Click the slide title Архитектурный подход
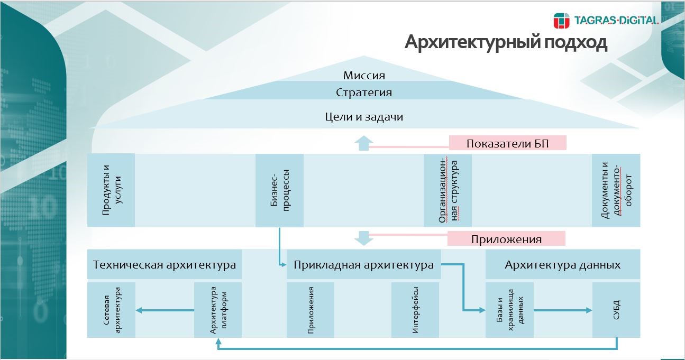tap(506, 42)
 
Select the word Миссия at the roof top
tap(364, 76)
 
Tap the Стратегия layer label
tap(364, 93)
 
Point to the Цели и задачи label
tap(364, 116)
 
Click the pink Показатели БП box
tap(507, 144)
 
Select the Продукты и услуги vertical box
tap(111, 190)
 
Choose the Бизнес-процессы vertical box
tap(279, 190)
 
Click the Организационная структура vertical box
tap(447, 190)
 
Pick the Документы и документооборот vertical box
tap(616, 190)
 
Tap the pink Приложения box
tap(506, 239)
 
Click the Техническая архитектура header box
tap(165, 265)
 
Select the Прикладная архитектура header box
tap(363, 265)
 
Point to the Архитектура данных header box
tap(562, 265)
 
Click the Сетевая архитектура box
tap(111, 310)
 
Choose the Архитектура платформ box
tap(218, 310)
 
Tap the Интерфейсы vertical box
tap(415, 310)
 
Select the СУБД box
tap(616, 310)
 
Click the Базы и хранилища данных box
tap(509, 310)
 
